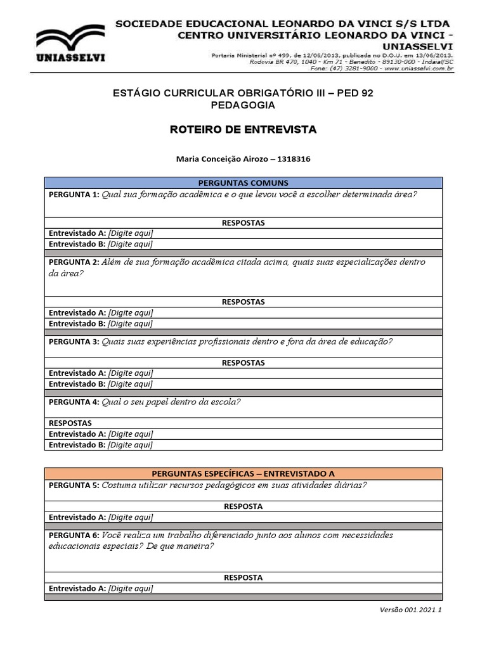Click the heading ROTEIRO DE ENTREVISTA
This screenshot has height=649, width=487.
coord(243,130)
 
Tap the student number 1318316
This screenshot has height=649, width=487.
coord(290,159)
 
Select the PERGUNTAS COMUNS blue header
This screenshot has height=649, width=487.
coord(243,183)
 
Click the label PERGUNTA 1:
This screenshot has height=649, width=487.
coord(74,195)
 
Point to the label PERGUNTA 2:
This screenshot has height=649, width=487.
coord(74,262)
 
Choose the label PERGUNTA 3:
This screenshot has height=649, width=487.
coord(74,342)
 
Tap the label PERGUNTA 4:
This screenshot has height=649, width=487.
coord(74,402)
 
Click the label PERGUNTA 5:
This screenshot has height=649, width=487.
coord(74,485)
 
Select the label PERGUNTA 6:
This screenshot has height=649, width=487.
coord(74,536)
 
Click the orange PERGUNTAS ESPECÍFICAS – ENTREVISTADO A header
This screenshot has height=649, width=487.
coord(243,473)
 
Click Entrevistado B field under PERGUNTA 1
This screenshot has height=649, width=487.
coord(130,244)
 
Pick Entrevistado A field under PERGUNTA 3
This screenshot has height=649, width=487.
coord(130,373)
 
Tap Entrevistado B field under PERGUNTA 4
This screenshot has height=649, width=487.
coord(130,445)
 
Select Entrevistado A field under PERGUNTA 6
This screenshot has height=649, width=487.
coord(130,589)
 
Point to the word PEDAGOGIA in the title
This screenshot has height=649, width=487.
coord(243,105)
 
